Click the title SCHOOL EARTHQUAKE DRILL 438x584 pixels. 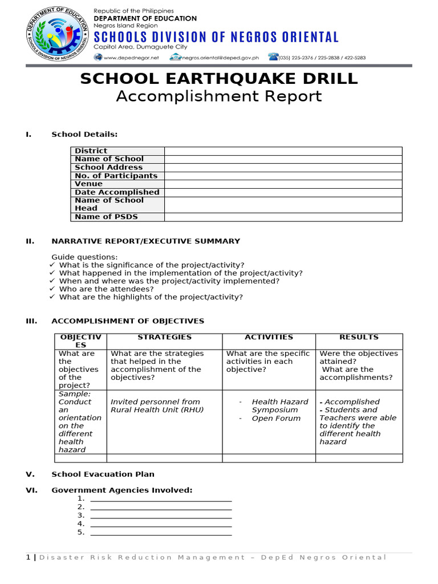pos(219,79)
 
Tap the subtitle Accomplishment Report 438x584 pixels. pos(219,96)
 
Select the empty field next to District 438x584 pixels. pos(283,151)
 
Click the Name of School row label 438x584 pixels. pos(109,159)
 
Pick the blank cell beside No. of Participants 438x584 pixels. pos(283,176)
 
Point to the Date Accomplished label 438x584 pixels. pos(117,192)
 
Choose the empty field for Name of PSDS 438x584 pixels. pos(283,217)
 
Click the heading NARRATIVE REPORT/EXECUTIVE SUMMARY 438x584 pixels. pos(146,241)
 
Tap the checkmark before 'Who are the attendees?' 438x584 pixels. pos(52,289)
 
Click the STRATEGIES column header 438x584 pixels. pos(165,338)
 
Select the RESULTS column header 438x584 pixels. pos(359,338)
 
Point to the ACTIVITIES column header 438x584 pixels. pos(269,338)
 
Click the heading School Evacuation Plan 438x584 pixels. pos(103,474)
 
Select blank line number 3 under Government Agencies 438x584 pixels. pos(161,515)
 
